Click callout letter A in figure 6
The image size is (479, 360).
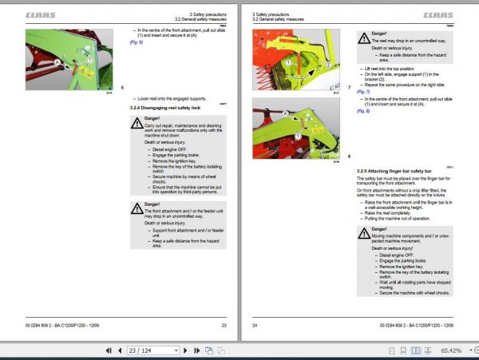57,61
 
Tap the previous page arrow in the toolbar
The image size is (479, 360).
105,350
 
